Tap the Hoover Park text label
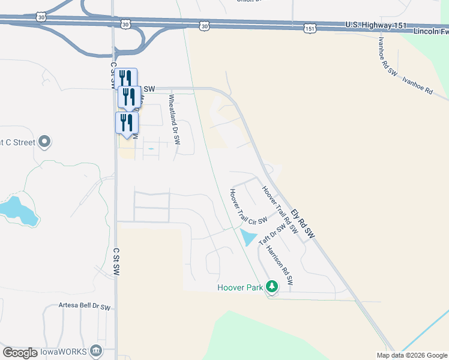coord(240,288)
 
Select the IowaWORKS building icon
coord(95,351)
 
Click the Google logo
coord(20,353)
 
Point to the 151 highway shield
coord(309,28)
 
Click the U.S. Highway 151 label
coord(376,25)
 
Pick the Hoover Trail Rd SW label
coord(280,209)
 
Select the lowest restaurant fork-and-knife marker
coord(127,123)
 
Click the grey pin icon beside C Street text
coord(44,142)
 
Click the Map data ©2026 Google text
coord(412,355)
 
